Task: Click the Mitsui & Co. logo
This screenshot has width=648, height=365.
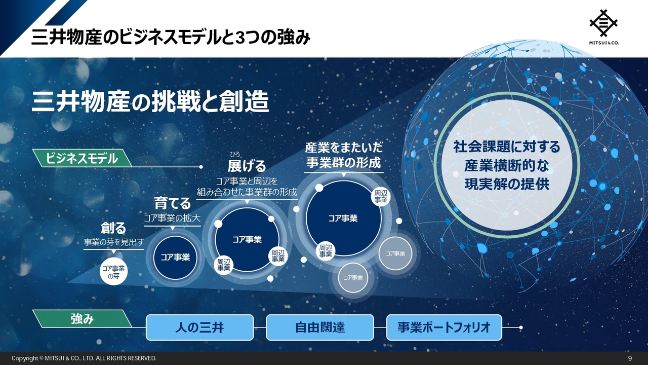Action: (x=604, y=27)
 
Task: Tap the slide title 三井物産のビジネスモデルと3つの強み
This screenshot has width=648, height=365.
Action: (x=171, y=38)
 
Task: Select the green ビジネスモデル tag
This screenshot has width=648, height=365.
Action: (x=82, y=158)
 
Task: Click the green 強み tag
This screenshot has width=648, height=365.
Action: (x=82, y=319)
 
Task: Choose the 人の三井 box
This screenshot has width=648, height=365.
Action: (x=199, y=327)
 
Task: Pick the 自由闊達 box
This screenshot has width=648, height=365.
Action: (x=320, y=327)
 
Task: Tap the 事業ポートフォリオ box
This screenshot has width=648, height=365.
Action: (x=444, y=327)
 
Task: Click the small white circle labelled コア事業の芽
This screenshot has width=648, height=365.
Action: (x=114, y=272)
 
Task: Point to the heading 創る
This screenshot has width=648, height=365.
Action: (x=113, y=228)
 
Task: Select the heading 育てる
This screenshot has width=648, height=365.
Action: (x=173, y=203)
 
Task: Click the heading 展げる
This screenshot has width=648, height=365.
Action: (x=247, y=166)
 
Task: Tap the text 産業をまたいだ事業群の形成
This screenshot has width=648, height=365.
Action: (x=344, y=155)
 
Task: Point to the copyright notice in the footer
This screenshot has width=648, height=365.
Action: (x=84, y=358)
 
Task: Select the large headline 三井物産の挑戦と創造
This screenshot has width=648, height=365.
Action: (x=150, y=102)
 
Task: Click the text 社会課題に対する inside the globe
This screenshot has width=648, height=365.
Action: (x=507, y=147)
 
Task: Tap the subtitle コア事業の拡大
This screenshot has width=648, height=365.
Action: (x=173, y=218)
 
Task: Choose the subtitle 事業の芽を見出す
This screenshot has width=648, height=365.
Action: (x=114, y=242)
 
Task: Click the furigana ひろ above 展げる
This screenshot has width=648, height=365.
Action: (x=235, y=155)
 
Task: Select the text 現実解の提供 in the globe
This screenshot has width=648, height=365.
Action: (x=507, y=185)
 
